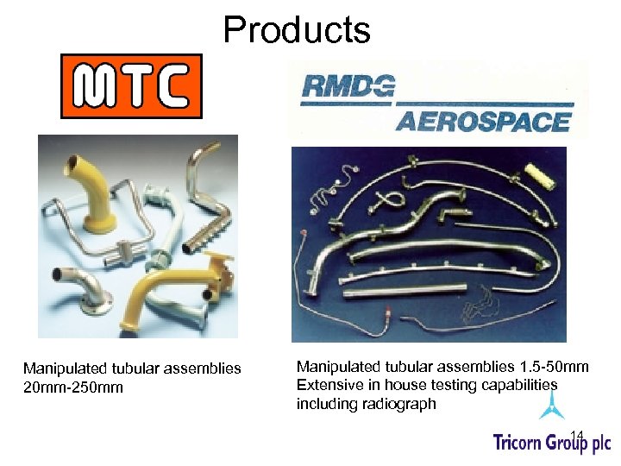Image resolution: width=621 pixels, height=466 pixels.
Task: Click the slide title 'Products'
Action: tap(297, 29)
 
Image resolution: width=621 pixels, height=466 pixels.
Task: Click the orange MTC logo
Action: tap(131, 86)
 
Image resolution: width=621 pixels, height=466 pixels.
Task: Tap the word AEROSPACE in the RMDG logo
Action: tap(483, 122)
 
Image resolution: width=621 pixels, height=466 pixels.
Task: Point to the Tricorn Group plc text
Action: tap(551, 443)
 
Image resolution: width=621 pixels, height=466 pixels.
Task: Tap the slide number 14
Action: tap(577, 434)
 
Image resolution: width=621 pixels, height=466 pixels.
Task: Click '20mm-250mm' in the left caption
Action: tap(73, 387)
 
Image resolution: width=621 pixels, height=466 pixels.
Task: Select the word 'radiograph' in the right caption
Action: tap(403, 404)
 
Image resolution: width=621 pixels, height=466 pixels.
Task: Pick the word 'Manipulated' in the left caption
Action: tap(63, 368)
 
